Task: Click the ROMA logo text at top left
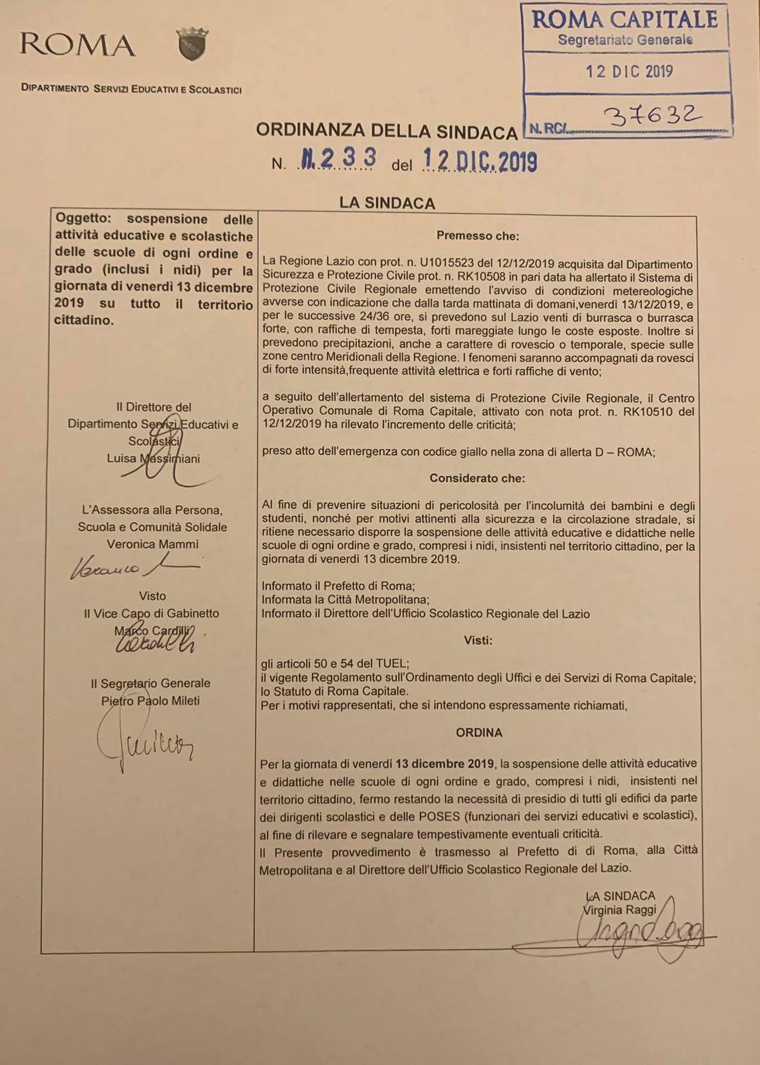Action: (x=78, y=45)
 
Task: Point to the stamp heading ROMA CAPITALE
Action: (x=625, y=20)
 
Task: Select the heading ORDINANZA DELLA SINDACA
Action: (x=387, y=130)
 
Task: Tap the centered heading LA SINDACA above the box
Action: (x=387, y=203)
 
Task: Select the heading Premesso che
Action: (x=477, y=236)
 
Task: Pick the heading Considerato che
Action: (x=476, y=478)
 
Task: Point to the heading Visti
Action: (x=478, y=640)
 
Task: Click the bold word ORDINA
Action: (x=478, y=732)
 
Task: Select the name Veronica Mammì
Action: (x=152, y=544)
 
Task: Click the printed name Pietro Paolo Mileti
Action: (x=150, y=700)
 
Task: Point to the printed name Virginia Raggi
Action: (x=619, y=910)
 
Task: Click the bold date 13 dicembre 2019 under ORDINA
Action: (x=445, y=763)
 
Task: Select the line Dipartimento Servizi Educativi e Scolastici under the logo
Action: (x=131, y=89)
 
